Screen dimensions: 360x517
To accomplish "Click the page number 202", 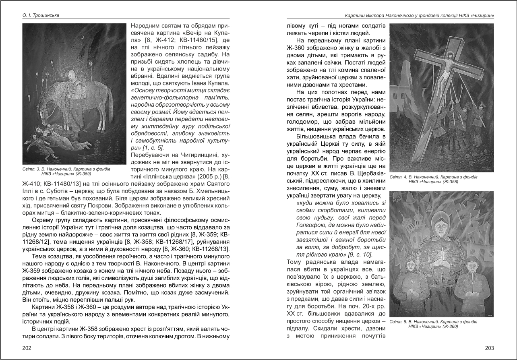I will pos(27,348).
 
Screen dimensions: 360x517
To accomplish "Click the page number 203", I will pos(489,348).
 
